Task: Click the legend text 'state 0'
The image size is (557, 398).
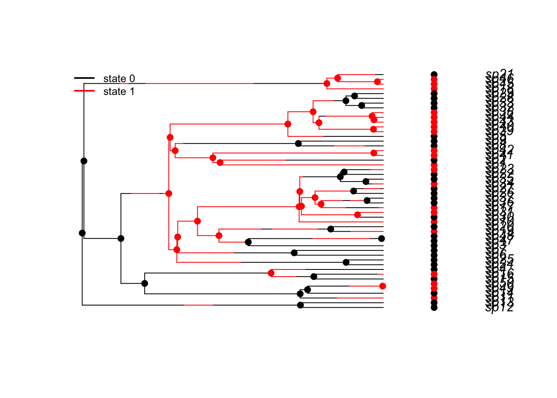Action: point(119,79)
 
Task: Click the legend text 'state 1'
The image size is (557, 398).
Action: point(119,92)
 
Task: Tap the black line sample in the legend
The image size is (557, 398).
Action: point(84,78)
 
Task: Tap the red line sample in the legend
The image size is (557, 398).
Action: point(84,91)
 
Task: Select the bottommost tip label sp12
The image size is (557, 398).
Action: point(500,308)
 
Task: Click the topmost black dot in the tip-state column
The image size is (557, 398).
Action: point(434,75)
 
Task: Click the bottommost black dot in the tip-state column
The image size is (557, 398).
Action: point(434,308)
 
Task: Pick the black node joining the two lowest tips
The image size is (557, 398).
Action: point(300,305)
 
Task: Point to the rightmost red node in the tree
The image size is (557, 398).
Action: point(383,286)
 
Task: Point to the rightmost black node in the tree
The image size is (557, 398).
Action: point(381,238)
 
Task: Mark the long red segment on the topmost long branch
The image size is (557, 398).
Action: point(199,83)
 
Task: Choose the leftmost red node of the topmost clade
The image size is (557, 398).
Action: point(327,84)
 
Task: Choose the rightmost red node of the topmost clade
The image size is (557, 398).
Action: point(377,82)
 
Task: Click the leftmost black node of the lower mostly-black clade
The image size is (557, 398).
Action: point(145,284)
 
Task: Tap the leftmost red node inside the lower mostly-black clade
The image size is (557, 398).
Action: point(271,273)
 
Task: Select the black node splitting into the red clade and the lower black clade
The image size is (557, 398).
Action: point(121,238)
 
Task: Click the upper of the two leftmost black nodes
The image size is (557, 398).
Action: point(84,161)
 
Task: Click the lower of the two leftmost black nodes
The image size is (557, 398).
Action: point(82,233)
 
